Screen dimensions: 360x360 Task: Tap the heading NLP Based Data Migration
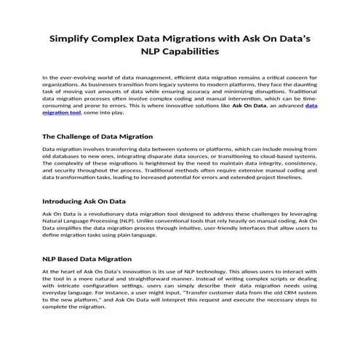click(x=87, y=258)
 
